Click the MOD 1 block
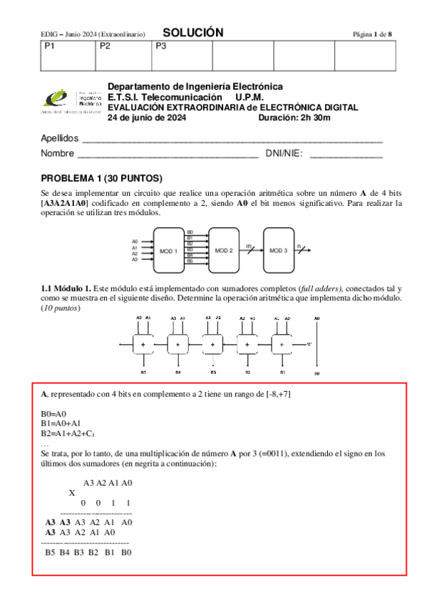coord(168,251)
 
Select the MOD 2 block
coord(224,251)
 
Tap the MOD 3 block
coord(279,251)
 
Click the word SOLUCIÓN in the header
coord(193,33)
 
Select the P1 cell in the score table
coord(67,56)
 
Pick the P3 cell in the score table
coord(183,56)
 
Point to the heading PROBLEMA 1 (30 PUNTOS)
coord(102,178)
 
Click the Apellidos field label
coord(59,138)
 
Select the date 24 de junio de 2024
coord(147,118)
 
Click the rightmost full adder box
coord(282,345)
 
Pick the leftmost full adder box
coord(144,345)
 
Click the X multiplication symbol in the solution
coord(71,493)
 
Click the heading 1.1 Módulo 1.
coord(66,287)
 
